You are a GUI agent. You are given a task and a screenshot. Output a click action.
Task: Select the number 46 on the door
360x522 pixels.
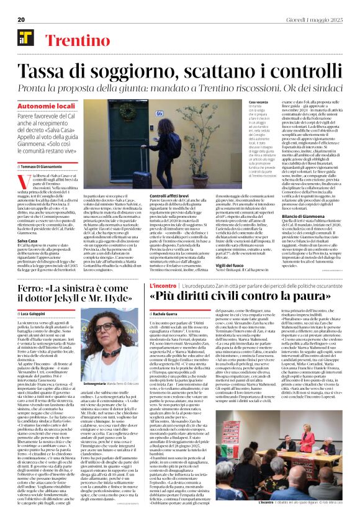[x=158, y=114]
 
